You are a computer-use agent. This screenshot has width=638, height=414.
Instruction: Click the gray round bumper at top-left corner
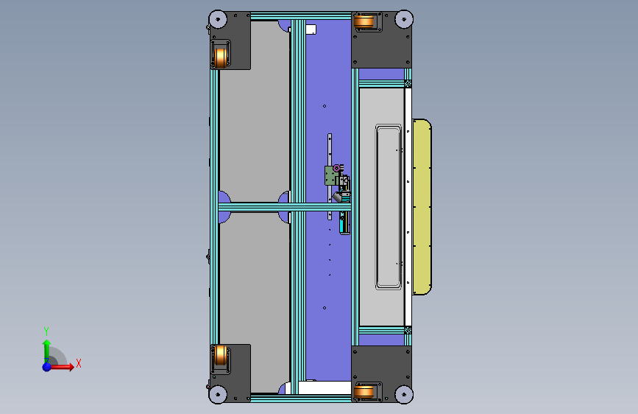[x=218, y=19]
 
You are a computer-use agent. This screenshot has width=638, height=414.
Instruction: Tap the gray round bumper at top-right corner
[x=404, y=19]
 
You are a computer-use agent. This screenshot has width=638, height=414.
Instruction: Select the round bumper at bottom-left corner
[x=218, y=394]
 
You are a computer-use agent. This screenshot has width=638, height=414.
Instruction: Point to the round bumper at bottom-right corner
[x=404, y=394]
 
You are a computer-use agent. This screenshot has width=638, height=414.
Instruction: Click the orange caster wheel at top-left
[x=221, y=58]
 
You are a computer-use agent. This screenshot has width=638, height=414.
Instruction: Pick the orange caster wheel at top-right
[x=364, y=21]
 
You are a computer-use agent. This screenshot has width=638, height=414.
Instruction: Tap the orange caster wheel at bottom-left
[x=221, y=355]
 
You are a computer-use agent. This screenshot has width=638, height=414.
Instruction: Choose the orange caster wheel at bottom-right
[x=364, y=392]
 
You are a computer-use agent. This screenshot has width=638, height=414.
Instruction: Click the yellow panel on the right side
[x=422, y=206]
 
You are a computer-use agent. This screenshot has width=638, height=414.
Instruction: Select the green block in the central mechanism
[x=331, y=175]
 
